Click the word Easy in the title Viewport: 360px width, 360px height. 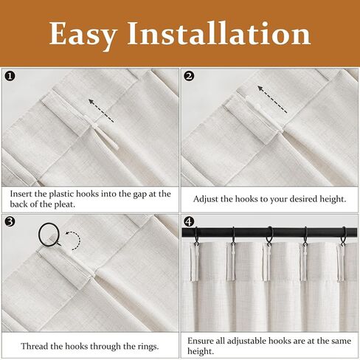click(83, 35)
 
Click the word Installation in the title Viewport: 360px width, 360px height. click(219, 33)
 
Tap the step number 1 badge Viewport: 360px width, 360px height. click(10, 77)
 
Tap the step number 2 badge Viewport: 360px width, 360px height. click(189, 77)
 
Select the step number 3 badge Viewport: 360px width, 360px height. click(10, 222)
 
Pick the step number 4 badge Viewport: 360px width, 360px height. click(189, 222)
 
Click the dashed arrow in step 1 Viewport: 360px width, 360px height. click(101, 111)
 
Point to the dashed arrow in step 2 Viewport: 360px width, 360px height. click(272, 99)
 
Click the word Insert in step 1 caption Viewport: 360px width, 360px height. click(21, 194)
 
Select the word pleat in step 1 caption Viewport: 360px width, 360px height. click(64, 204)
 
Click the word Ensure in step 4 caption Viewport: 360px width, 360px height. click(201, 341)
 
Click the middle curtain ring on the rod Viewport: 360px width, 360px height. click(269, 236)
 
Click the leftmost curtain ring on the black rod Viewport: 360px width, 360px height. click(196, 236)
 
